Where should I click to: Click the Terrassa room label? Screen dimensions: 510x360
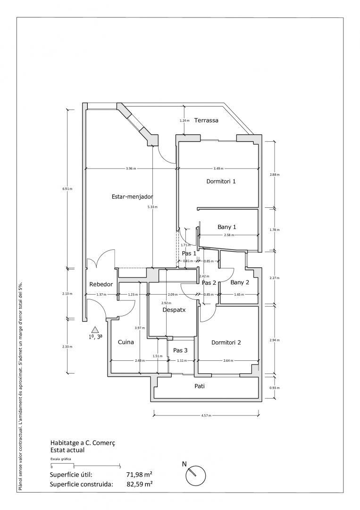pos(206,120)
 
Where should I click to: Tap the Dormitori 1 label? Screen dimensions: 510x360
pos(221,181)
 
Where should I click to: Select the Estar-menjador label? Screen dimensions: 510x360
pos(133,196)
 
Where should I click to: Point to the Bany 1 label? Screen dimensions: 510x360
pos(226,227)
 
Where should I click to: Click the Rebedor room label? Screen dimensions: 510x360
pos(101,284)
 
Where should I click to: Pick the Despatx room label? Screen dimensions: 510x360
pos(174,310)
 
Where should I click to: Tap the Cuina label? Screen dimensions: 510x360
pos(126,342)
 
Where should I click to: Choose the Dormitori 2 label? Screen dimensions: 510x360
pos(226,342)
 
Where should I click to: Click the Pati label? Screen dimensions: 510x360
pos(200,386)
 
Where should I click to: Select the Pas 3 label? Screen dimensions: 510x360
pos(180,350)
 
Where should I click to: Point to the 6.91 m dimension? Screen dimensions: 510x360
pos(67,189)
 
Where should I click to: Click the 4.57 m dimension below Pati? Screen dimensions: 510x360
pos(206,416)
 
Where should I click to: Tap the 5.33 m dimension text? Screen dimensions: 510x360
pos(153,207)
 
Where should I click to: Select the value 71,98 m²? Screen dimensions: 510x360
pos(139,474)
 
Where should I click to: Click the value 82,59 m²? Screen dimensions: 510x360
pos(139,484)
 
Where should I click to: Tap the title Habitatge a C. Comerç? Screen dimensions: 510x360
pos(83,443)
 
